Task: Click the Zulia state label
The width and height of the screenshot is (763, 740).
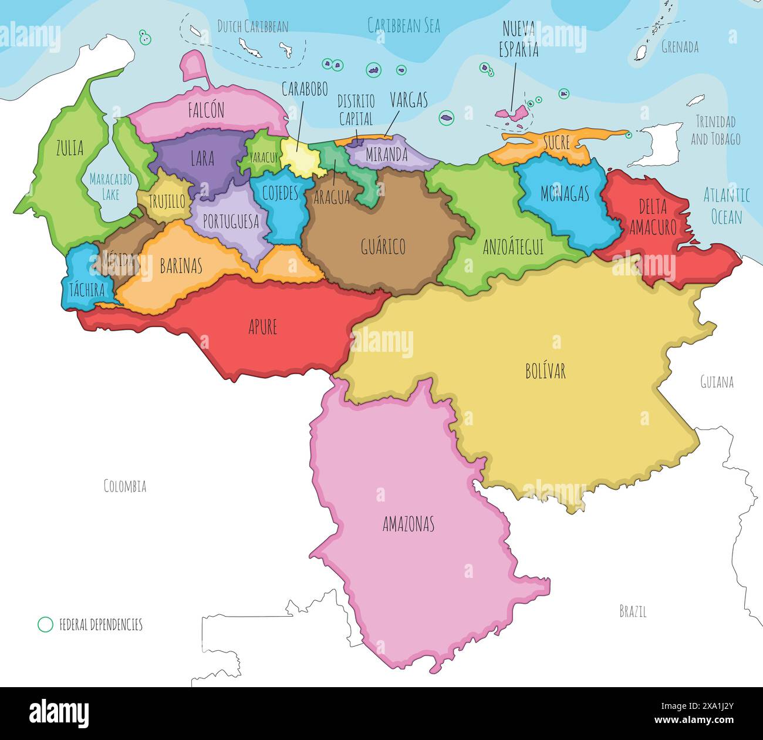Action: [69, 149]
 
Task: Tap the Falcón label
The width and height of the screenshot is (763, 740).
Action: [206, 110]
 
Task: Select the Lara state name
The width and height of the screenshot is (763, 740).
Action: [202, 158]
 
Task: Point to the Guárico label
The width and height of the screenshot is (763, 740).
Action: [383, 247]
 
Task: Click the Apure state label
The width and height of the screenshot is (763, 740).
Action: [262, 327]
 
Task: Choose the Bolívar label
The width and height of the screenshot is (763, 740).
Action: [545, 371]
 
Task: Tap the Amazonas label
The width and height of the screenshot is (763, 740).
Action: [408, 524]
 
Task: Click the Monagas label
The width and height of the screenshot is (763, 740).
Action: [564, 194]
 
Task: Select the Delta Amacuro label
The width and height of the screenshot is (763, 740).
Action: [653, 217]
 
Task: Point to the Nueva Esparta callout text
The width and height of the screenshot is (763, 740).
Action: [519, 39]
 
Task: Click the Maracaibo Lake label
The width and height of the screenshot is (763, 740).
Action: [110, 186]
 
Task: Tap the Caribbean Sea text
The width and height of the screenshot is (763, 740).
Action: [404, 25]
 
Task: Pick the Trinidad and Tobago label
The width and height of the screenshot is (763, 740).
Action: [715, 130]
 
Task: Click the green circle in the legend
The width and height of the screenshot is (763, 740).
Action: [45, 624]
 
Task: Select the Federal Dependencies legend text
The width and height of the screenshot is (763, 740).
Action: [101, 624]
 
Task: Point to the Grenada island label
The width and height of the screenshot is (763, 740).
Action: [680, 47]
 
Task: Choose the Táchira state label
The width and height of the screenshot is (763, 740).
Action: [87, 290]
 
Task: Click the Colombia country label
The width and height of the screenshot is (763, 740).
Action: [125, 486]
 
